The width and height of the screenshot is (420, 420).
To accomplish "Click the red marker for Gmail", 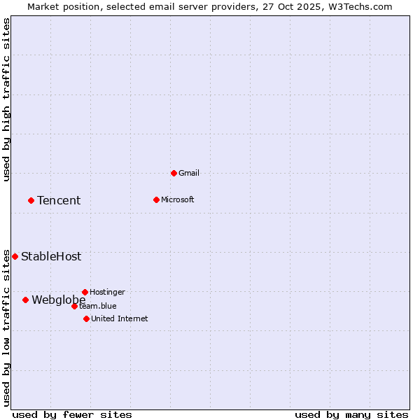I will pos(174,173).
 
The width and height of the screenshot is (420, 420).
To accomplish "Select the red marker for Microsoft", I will pos(156,199).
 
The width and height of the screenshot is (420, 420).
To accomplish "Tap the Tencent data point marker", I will pos(31,200).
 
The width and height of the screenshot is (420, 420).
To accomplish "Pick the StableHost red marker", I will pos(15,256).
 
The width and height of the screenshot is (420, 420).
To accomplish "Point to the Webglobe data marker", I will pos(25,300).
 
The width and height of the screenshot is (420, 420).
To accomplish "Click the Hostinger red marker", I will pos(85,292).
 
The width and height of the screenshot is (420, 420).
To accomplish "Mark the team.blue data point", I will pos(74,306).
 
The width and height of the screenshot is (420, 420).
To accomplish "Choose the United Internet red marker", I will pos(86,318).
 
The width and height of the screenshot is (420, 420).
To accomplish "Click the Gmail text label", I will pos(189,173).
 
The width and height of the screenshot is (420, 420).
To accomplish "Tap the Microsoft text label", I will pos(178,199).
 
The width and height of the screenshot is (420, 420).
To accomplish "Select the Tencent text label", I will pos(59,200).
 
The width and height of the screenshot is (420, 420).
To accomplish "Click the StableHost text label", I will pos(51,256).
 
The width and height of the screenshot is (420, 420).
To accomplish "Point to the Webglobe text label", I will pos(59,300).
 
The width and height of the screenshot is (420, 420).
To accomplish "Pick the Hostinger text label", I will pos(108,292).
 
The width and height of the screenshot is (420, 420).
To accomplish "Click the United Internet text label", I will pos(120,318).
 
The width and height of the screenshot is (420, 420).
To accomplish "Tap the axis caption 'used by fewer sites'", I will pos(72,414).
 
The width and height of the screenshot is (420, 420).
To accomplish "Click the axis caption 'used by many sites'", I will pos(351,414).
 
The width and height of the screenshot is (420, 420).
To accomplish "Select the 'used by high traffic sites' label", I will pos(7,99).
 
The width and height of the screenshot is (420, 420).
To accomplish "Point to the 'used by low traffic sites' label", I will pos(7,327).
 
